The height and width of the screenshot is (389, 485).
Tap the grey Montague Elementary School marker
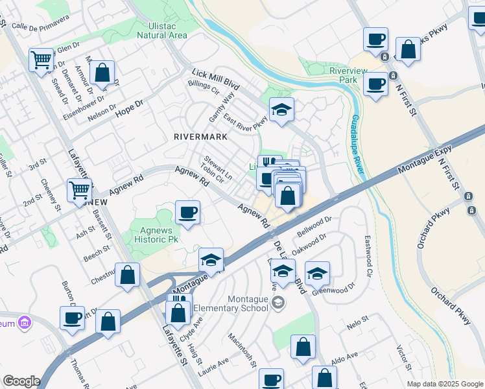point(278,302)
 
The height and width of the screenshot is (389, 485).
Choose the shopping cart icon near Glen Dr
point(41,60)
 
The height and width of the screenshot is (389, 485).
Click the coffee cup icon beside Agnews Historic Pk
point(187,213)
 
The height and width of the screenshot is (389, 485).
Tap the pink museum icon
point(25,322)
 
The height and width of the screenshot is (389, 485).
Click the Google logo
point(21,381)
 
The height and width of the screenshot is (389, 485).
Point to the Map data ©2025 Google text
point(444,384)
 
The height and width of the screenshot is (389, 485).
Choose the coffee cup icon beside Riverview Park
point(375,84)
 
